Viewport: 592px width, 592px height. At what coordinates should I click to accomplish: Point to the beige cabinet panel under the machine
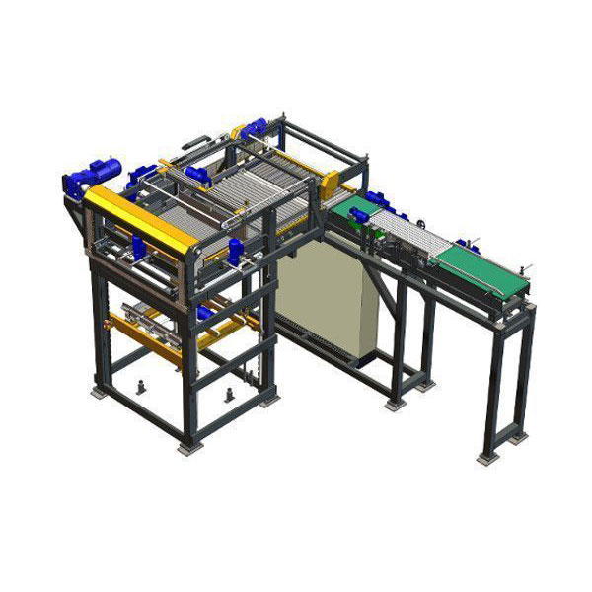coord(326,296)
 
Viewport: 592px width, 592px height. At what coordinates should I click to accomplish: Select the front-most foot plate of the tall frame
coord(185,448)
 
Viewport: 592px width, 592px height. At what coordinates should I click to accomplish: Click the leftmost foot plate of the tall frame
coord(101,392)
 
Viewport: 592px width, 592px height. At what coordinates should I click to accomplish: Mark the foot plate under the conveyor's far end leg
coord(486,456)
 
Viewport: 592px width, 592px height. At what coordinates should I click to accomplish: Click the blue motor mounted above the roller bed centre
coord(197,175)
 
